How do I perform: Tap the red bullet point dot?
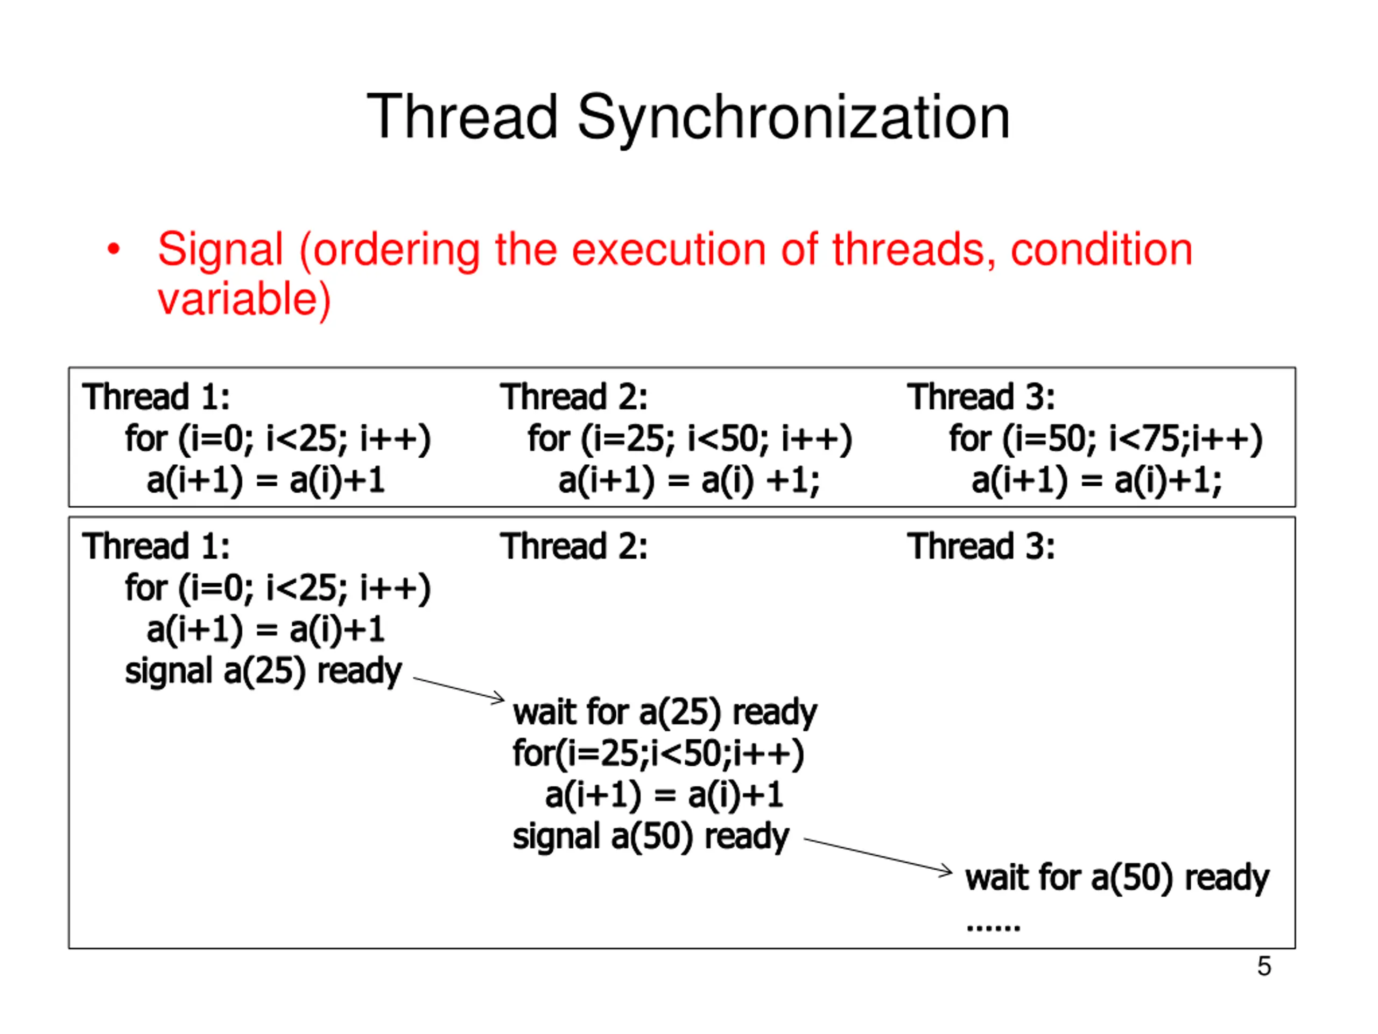point(114,250)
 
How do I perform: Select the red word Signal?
point(221,250)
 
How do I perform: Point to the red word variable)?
point(244,300)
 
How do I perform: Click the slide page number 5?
point(1263,967)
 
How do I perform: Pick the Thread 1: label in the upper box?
point(156,397)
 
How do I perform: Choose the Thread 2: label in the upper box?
point(573,397)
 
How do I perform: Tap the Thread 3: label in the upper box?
point(981,397)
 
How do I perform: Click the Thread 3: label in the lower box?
point(981,547)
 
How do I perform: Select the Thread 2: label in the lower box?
point(573,547)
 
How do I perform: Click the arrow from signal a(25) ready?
point(459,689)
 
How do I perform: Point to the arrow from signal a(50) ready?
point(878,855)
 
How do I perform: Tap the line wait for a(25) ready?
point(664,712)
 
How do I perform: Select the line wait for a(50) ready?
point(1116,878)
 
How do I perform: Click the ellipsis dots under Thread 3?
point(993,927)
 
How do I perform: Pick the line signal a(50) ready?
point(650,836)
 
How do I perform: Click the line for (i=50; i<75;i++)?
point(1105,439)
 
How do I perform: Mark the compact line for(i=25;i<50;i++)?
point(658,753)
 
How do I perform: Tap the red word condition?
point(1101,250)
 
